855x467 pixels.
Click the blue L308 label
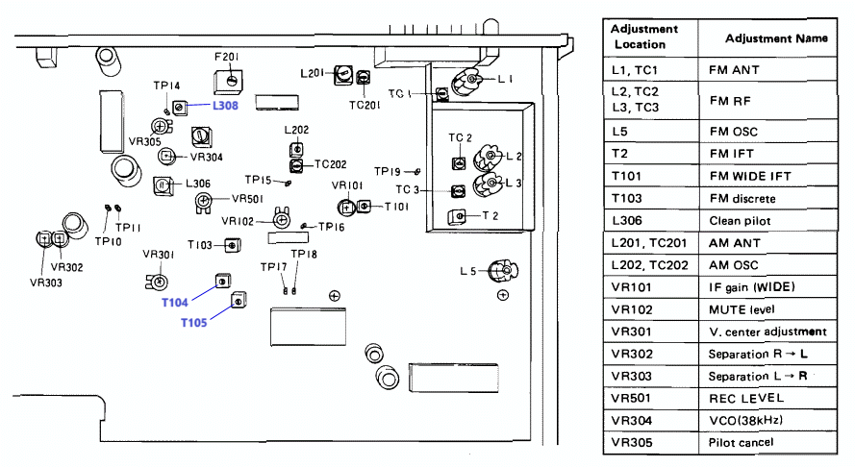tap(225, 106)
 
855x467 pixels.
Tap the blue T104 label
tap(174, 303)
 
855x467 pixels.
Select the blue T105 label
tap(194, 323)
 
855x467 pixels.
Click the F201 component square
tap(229, 82)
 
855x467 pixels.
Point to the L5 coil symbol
tap(503, 271)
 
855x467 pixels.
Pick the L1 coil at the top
tap(466, 82)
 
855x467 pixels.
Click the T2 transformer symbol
tap(458, 216)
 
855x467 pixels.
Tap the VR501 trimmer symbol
tap(203, 202)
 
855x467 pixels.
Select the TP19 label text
tap(388, 171)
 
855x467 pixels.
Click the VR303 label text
tap(46, 283)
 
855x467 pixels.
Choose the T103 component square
tap(233, 245)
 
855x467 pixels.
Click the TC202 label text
tap(331, 164)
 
